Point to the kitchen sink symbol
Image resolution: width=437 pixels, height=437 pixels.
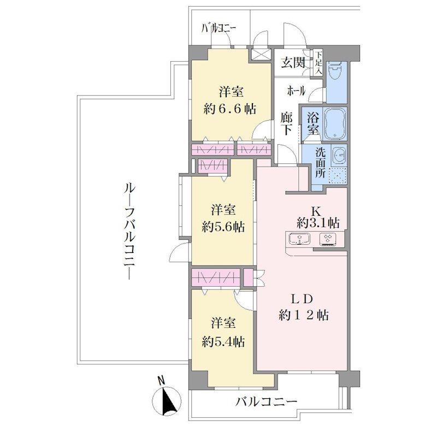(x=299, y=239)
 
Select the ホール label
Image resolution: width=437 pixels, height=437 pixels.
(x=296, y=91)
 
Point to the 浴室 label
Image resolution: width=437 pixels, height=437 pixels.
(x=313, y=125)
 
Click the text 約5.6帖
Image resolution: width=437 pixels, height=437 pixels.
(x=223, y=227)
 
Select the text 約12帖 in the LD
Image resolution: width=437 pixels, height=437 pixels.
(x=303, y=315)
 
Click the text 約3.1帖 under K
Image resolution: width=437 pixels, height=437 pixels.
(x=318, y=223)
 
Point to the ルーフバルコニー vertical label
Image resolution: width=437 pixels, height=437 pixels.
(x=129, y=232)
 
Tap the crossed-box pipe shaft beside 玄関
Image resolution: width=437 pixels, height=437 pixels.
(x=262, y=54)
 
